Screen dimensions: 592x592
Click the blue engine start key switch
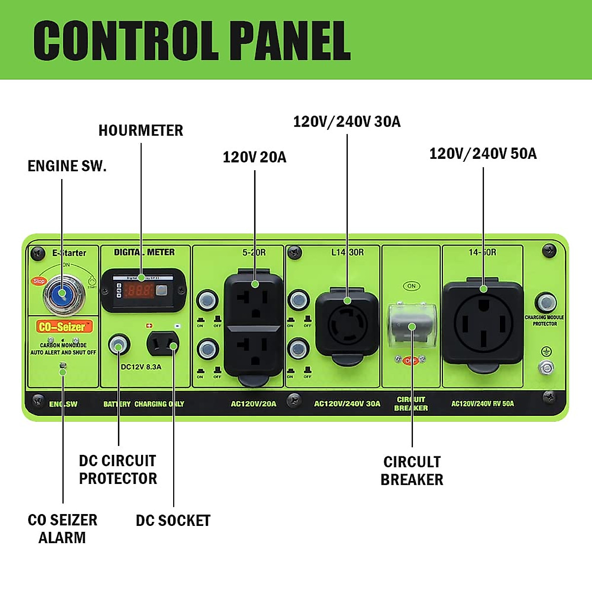click(x=63, y=295)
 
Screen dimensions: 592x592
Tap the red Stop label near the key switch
click(x=38, y=281)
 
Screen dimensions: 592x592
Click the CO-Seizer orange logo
click(x=61, y=327)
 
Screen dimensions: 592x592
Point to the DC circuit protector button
click(x=118, y=345)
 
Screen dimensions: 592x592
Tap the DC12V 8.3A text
click(x=141, y=367)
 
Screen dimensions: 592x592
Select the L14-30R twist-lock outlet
click(x=347, y=324)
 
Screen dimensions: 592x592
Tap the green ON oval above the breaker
click(x=411, y=286)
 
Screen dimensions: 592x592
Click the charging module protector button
click(x=545, y=302)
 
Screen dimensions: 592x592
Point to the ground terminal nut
click(x=546, y=367)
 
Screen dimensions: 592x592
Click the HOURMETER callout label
click(x=141, y=131)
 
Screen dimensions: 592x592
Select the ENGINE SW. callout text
click(x=67, y=166)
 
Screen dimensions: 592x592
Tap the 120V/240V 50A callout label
click(x=482, y=153)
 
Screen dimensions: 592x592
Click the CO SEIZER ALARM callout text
click(x=63, y=528)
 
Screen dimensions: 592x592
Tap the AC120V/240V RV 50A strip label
click(x=482, y=404)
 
